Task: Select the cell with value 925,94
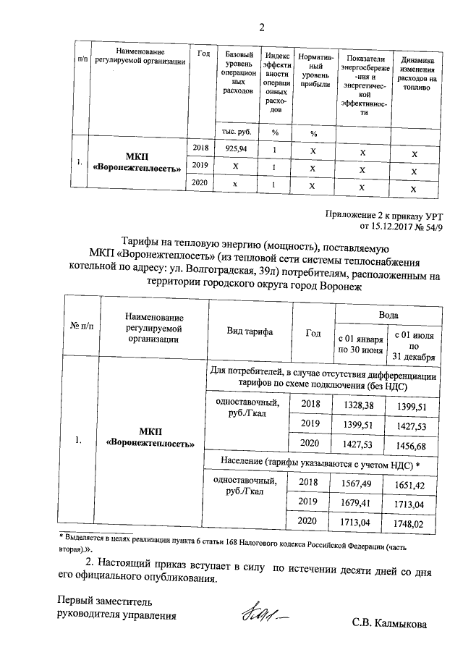pos(236,148)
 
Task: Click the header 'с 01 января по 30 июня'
pos(360,345)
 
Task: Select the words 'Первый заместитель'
pos(105,601)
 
